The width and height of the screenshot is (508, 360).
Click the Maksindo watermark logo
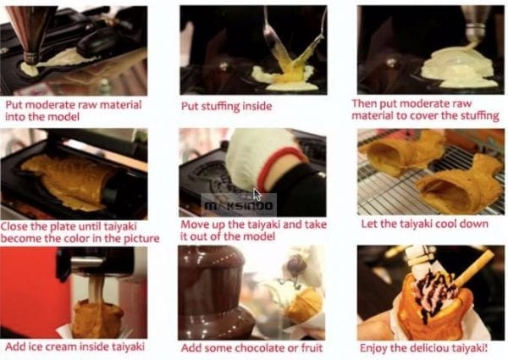pyautogui.click(x=239, y=206)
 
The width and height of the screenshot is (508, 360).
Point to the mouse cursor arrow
pyautogui.click(x=257, y=195)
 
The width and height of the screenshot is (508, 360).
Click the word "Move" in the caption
pyautogui.click(x=196, y=224)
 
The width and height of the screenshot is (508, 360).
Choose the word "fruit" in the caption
pyautogui.click(x=311, y=347)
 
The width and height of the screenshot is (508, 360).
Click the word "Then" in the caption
pyautogui.click(x=364, y=103)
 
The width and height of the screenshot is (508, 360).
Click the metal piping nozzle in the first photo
pyautogui.click(x=30, y=57)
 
